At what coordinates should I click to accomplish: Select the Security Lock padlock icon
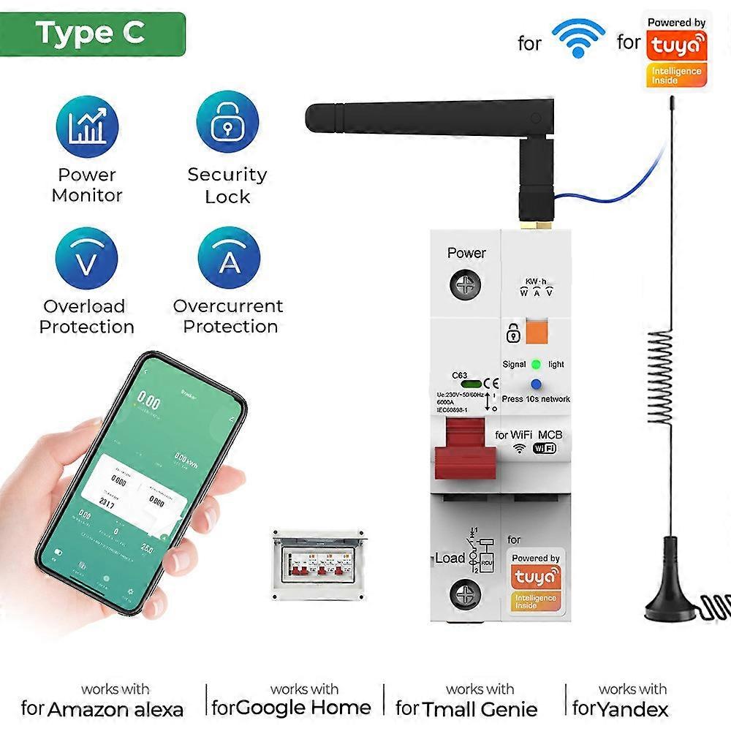227,123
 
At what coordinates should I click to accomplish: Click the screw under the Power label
465,284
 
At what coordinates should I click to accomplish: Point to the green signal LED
537,364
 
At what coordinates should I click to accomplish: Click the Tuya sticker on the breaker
535,577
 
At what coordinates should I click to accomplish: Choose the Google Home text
304,708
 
